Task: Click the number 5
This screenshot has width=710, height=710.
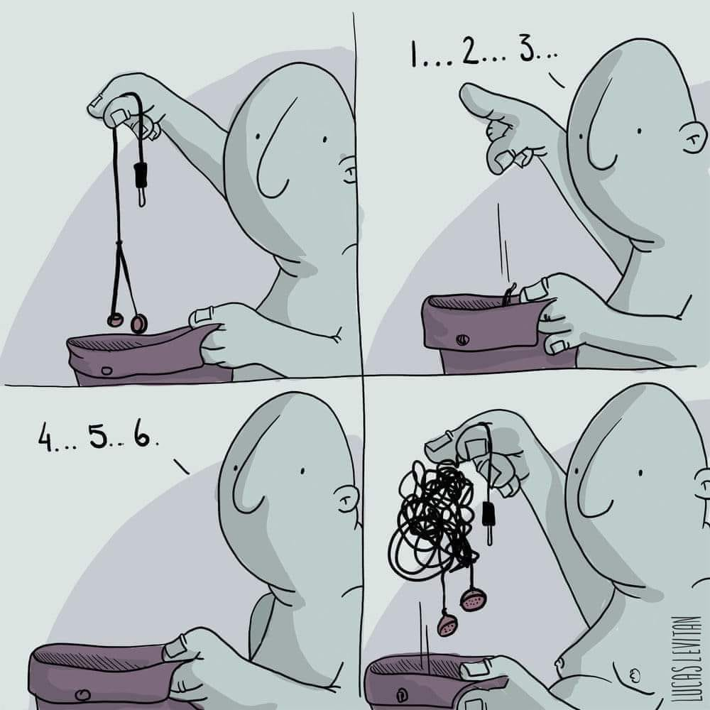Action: (x=97, y=436)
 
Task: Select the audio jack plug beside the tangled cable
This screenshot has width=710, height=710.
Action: (x=488, y=520)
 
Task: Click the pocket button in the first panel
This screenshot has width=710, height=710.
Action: (x=107, y=371)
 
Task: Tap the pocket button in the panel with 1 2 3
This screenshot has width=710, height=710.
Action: (x=462, y=339)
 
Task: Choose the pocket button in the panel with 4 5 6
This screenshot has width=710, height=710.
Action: (x=82, y=694)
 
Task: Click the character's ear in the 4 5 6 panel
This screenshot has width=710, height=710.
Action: (x=349, y=498)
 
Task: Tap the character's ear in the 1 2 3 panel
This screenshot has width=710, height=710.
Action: (x=694, y=136)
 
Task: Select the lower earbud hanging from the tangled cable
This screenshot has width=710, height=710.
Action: (x=448, y=623)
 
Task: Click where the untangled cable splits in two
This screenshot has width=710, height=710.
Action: (x=119, y=244)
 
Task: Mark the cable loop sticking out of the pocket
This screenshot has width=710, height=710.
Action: (x=510, y=293)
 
